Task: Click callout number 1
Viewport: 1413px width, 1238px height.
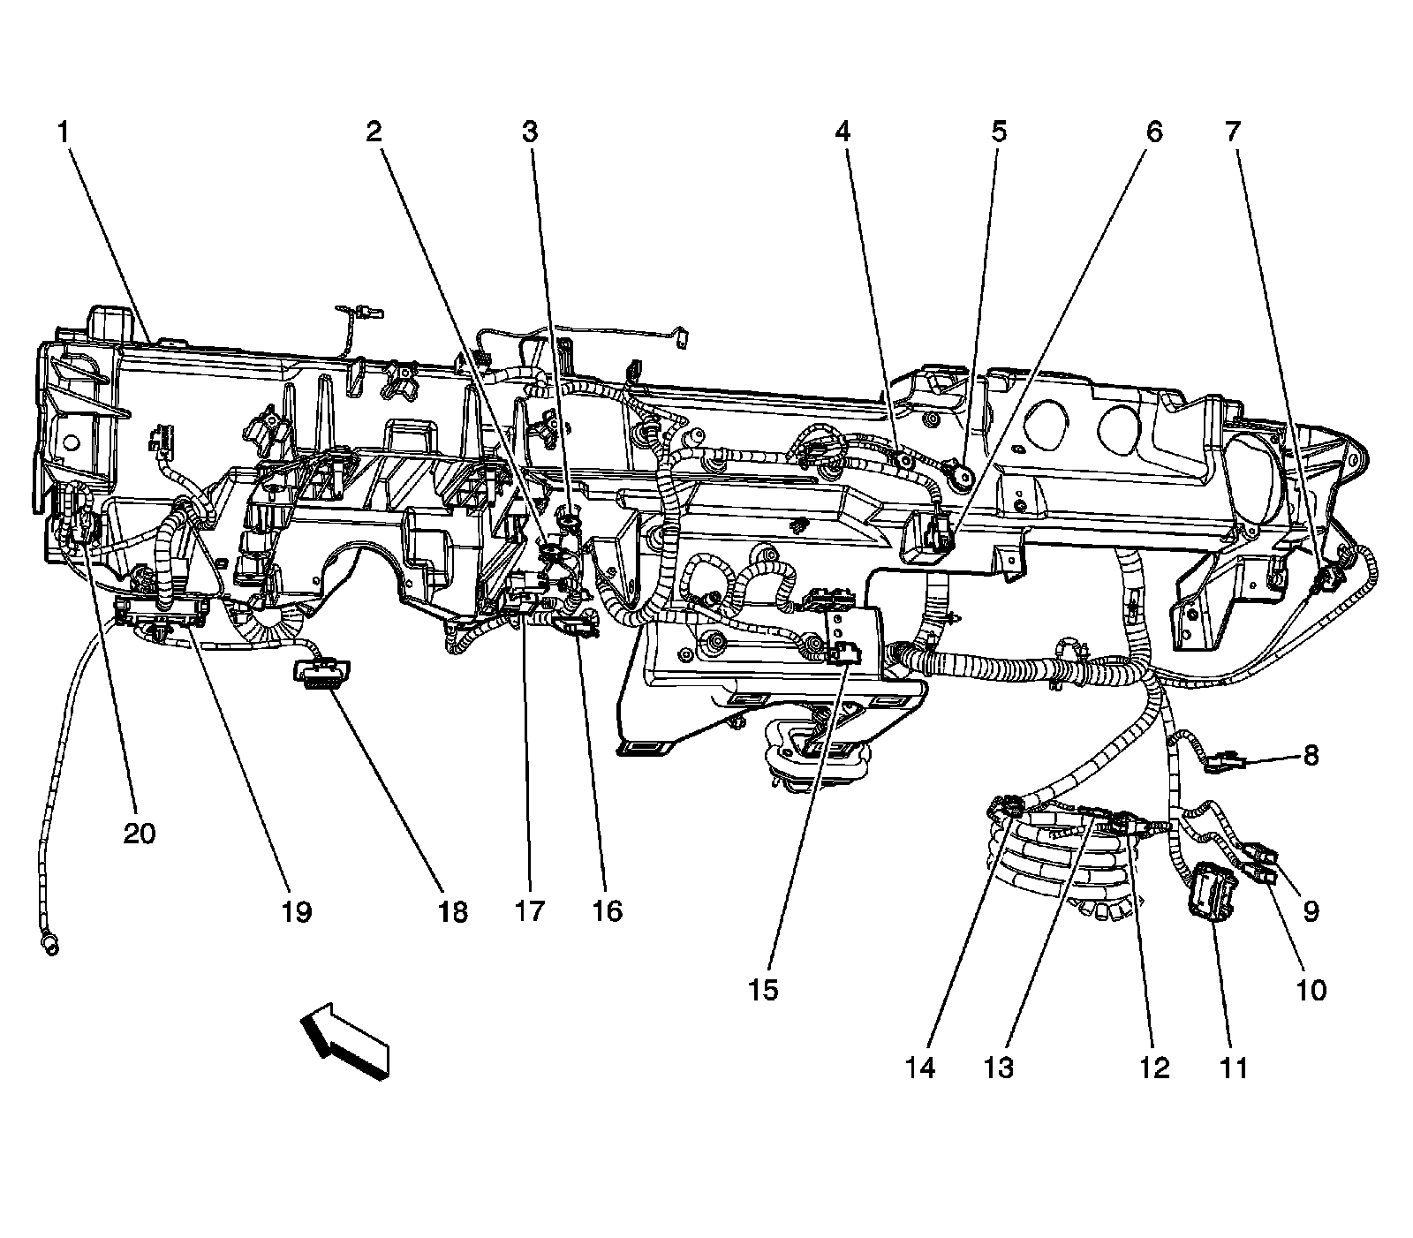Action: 63,132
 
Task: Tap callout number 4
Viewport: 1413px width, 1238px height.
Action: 843,132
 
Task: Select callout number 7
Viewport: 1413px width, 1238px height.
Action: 1232,132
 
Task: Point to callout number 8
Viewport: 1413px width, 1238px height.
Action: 1311,755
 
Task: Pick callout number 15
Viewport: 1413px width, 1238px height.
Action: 765,990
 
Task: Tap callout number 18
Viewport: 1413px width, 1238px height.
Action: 452,911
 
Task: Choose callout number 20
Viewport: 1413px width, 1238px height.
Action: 140,833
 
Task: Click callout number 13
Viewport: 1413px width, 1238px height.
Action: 999,1068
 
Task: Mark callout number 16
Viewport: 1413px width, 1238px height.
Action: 608,911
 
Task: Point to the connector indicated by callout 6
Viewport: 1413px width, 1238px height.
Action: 933,538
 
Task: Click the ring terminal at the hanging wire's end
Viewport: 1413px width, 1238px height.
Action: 49,945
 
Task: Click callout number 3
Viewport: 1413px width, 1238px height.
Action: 529,132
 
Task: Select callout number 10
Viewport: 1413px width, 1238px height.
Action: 1311,990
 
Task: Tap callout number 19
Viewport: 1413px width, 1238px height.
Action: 297,911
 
